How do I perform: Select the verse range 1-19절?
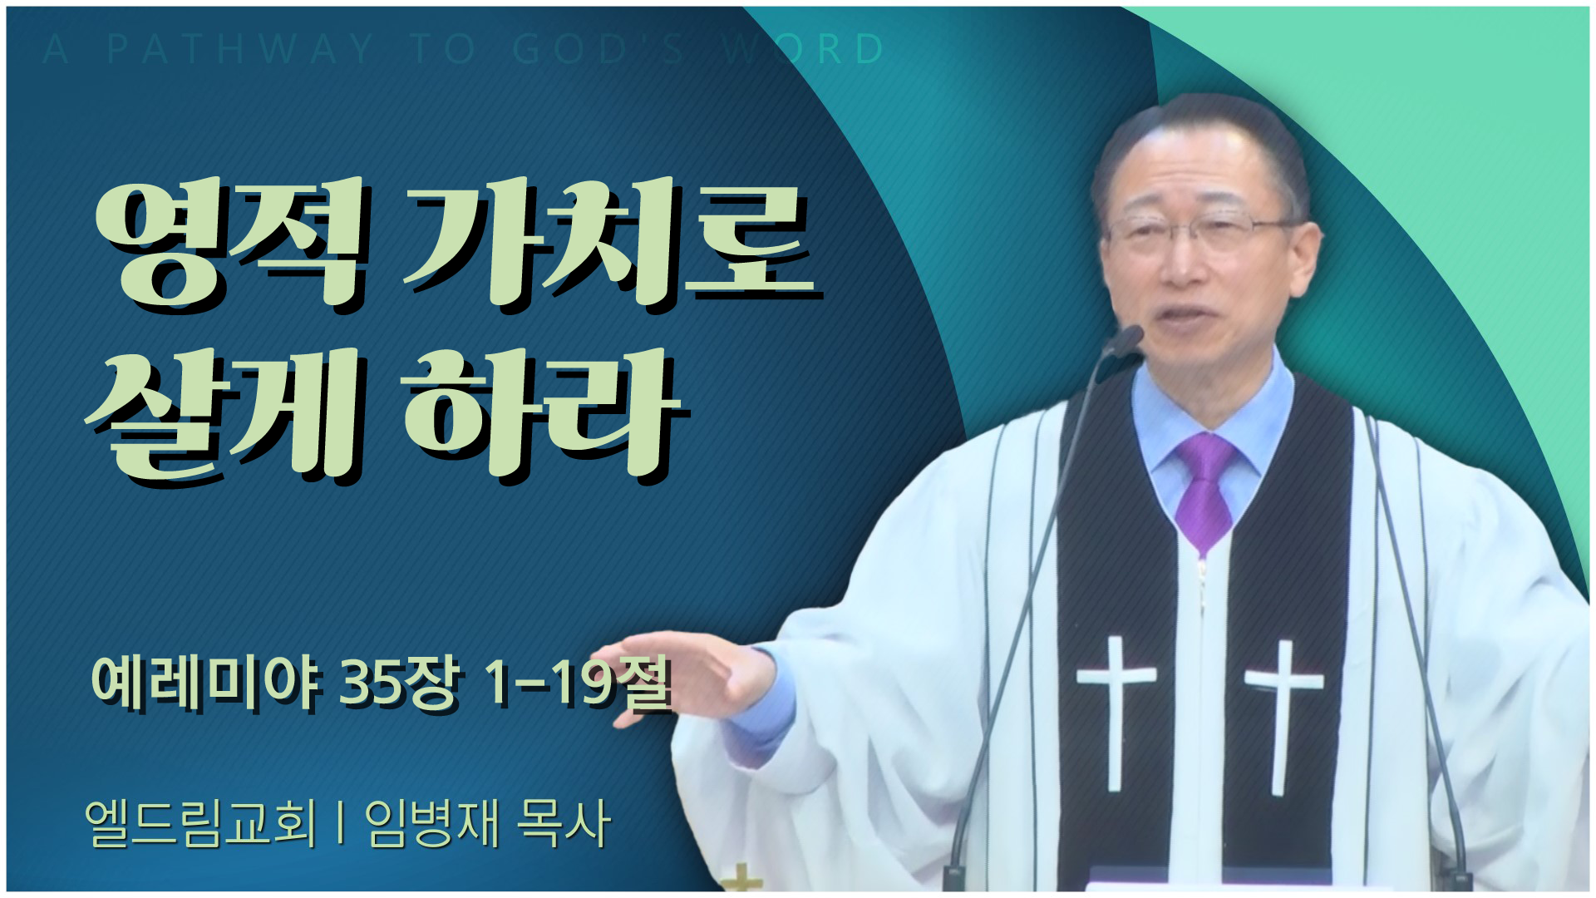click(x=578, y=685)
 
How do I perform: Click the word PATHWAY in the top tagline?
click(x=239, y=50)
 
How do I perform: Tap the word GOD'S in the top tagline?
click(x=598, y=50)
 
